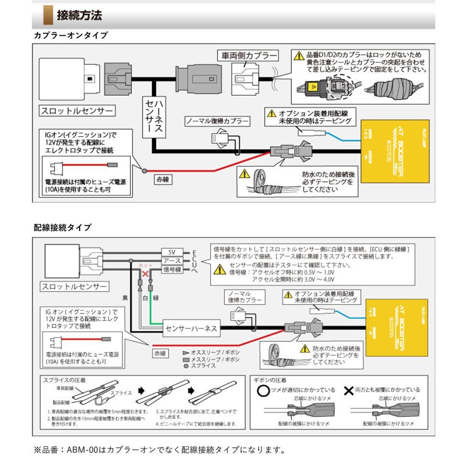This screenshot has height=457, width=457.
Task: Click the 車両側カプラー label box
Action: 246,55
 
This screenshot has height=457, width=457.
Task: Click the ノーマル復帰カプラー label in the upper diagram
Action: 217,122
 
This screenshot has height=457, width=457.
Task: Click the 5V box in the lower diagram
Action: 172,252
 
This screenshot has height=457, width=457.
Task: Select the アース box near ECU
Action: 172,261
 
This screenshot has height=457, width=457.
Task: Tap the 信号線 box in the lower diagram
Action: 172,270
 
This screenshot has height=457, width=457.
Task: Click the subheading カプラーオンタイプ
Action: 71,36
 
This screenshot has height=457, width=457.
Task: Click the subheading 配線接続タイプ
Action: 62,227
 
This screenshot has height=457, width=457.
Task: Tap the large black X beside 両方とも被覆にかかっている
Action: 349,390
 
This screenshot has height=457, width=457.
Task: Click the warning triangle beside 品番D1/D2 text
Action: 298,55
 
